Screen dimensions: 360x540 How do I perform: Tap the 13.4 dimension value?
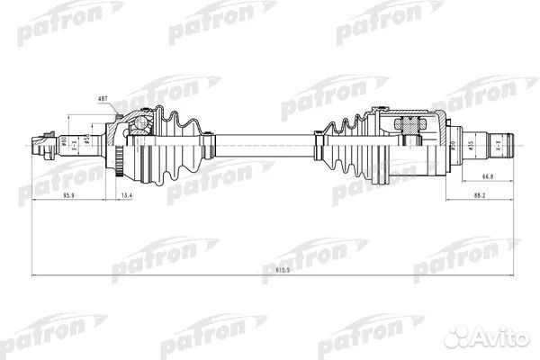[x=126, y=194]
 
